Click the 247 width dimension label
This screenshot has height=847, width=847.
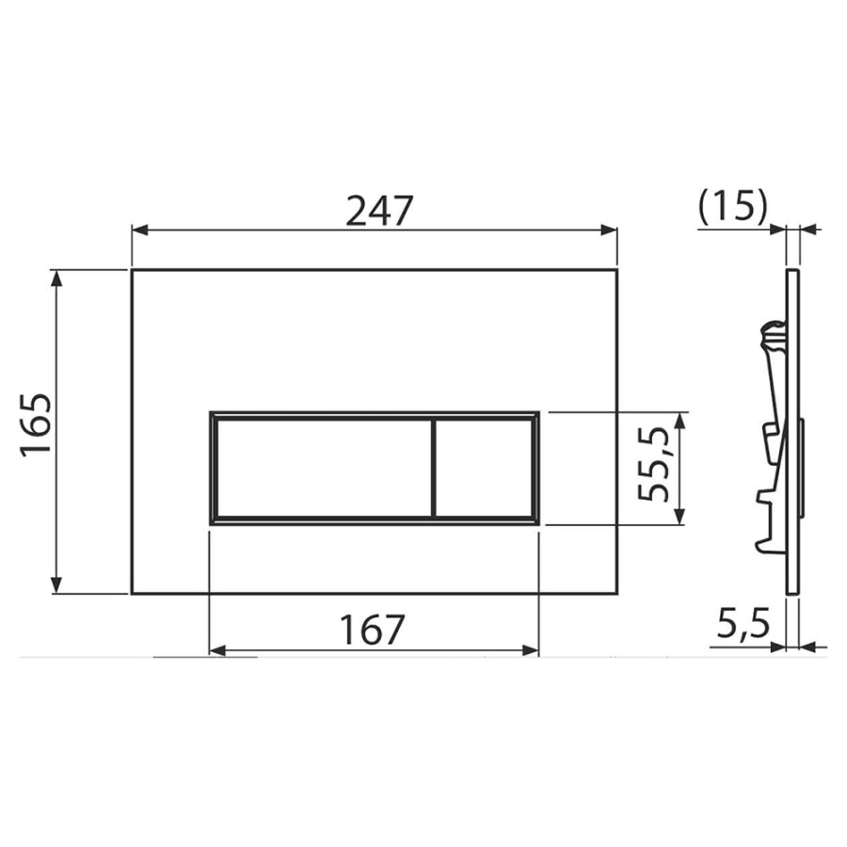click(379, 210)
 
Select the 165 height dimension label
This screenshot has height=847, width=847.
click(36, 425)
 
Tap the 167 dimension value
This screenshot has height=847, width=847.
click(372, 630)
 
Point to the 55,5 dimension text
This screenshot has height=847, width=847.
click(653, 463)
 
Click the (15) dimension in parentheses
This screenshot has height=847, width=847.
click(732, 206)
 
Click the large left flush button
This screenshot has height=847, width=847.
click(324, 468)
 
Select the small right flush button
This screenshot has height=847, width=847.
click(484, 468)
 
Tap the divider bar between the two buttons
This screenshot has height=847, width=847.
click(433, 468)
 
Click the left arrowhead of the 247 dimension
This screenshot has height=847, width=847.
click(140, 231)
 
